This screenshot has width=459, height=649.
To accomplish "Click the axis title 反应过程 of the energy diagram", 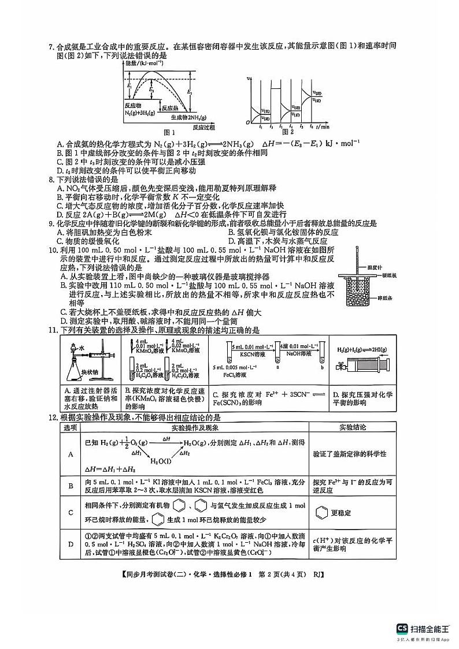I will pyautogui.click(x=203, y=127).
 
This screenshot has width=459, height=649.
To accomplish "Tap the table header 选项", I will pyautogui.click(x=71, y=427).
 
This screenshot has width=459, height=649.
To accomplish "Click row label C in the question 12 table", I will pyautogui.click(x=71, y=512).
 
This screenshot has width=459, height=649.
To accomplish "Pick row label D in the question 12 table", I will pyautogui.click(x=71, y=544).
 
